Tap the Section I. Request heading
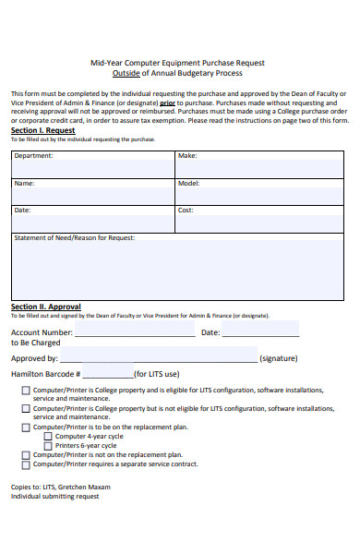42,130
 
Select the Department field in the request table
92,163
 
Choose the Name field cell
92,191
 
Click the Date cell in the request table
92,219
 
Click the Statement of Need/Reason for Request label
75,238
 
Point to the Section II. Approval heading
45,307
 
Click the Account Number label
42,332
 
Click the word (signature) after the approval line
278,358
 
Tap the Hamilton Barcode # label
46,375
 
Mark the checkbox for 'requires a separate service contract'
25,464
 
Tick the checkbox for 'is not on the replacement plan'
25,454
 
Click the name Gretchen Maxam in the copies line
88,486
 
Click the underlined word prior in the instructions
167,103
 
